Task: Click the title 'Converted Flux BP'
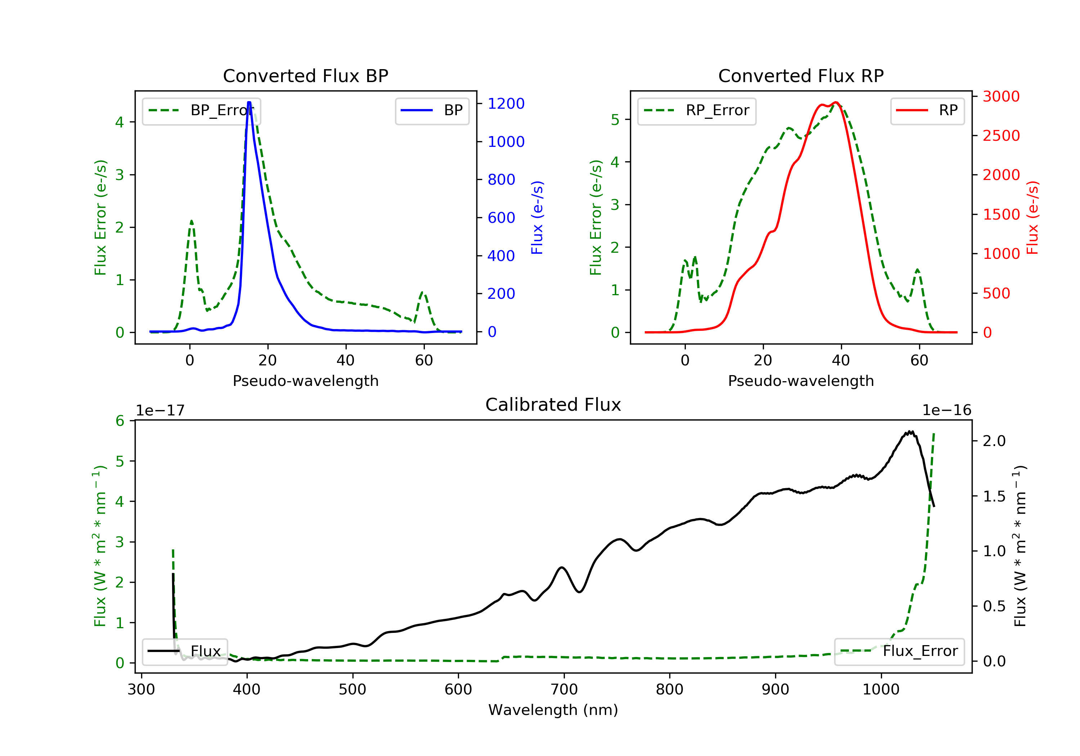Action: click(x=305, y=76)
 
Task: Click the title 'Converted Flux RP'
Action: click(x=801, y=76)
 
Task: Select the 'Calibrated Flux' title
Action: click(x=553, y=405)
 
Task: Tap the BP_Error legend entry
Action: click(x=201, y=111)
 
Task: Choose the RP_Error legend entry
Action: click(x=697, y=111)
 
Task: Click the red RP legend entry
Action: click(x=927, y=111)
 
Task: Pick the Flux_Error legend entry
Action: click(x=899, y=651)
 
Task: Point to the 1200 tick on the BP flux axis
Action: click(x=506, y=103)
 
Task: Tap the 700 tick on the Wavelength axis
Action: click(x=564, y=689)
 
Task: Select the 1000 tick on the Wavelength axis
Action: click(x=881, y=689)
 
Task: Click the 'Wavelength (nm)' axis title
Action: click(x=553, y=710)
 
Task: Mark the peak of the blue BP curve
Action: click(x=249, y=102)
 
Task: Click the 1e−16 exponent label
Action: click(x=947, y=410)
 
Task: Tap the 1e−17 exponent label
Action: click(x=161, y=410)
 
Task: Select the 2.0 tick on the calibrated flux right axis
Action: click(x=994, y=441)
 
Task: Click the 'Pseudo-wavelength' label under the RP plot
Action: click(x=801, y=381)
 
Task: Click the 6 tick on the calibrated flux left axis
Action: click(x=120, y=420)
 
